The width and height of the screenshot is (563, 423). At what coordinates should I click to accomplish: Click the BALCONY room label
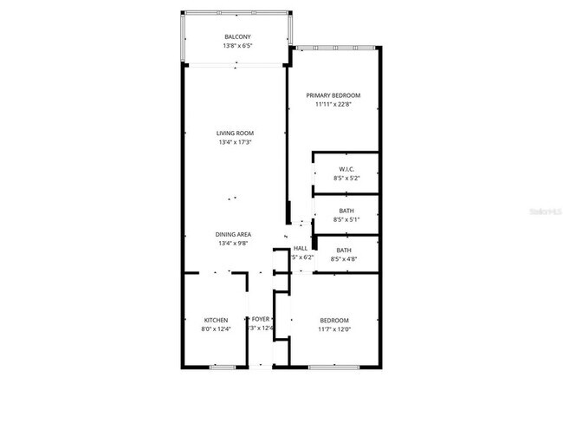pos(238,36)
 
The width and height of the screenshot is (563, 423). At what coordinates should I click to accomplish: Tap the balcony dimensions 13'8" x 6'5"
pos(238,45)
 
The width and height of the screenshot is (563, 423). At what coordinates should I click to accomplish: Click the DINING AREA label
pos(235,235)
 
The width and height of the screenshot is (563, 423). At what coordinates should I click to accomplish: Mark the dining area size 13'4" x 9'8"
pos(235,244)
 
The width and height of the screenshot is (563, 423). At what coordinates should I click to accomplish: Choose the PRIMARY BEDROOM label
pos(333,95)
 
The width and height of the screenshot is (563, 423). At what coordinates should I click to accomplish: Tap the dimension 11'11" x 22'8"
pos(333,104)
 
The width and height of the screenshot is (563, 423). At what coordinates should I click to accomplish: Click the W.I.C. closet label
pos(346,169)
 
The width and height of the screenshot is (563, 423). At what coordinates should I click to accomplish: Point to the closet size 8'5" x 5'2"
pos(346,178)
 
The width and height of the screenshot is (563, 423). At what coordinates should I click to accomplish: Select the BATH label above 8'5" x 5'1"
pos(346,211)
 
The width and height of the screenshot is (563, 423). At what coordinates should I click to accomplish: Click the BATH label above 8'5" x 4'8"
pos(344,251)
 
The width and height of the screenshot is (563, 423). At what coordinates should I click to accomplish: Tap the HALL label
pos(301,249)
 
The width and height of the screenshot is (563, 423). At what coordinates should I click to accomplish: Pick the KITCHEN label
pos(216,320)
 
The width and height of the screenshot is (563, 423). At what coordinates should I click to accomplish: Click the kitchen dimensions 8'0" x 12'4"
pos(216,329)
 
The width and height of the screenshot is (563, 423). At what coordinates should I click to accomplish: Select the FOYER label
pos(261,320)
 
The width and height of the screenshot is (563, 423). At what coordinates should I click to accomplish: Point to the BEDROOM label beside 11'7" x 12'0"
pos(333,320)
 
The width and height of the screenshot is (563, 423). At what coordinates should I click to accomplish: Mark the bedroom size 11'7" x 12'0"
pos(333,329)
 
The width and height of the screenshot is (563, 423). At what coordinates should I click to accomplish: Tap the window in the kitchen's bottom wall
pos(223,368)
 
